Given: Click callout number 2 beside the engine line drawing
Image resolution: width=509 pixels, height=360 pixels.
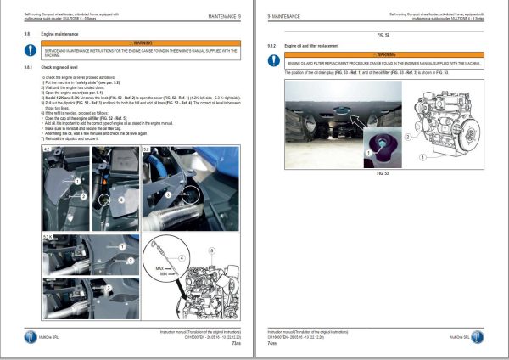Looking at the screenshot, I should point(409,135).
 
